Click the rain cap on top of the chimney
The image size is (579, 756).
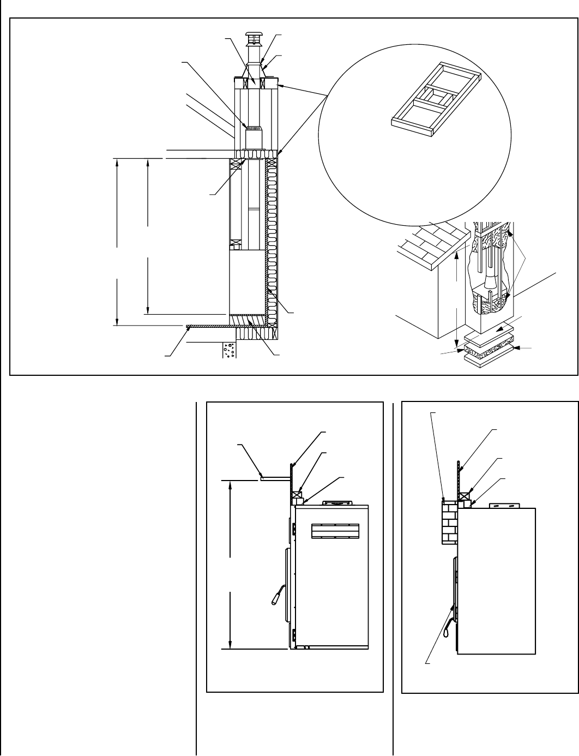253,36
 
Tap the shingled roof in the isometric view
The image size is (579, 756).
431,240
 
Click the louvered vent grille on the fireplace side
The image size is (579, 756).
335,531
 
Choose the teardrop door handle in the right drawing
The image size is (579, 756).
448,633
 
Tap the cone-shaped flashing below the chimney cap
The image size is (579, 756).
253,71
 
